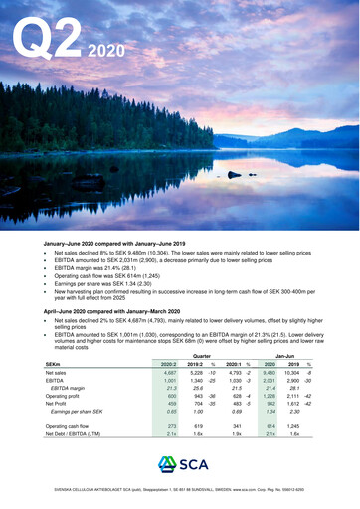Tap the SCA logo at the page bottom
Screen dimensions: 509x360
coord(179,467)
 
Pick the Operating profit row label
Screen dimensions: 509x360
coord(66,396)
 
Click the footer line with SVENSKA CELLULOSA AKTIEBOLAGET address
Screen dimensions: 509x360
coord(180,491)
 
